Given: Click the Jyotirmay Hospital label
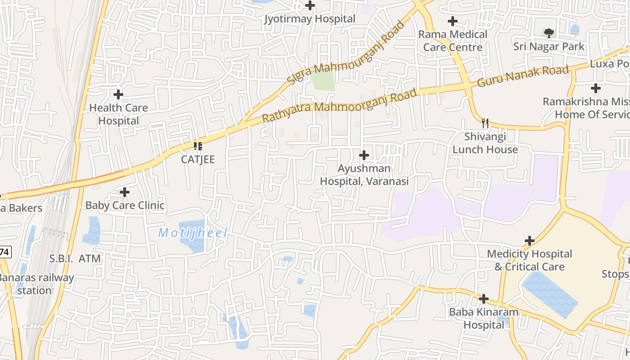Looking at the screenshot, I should click(x=310, y=19).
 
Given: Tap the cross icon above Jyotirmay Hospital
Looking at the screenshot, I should click(x=310, y=6).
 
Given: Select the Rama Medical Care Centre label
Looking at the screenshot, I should click(x=453, y=40).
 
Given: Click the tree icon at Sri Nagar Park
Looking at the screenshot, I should click(x=549, y=33).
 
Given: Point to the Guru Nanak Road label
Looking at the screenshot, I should click(x=523, y=76).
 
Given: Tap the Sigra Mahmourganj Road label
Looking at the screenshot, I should click(x=346, y=53).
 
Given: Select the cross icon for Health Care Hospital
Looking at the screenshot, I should click(x=118, y=94).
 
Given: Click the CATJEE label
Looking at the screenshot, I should click(x=198, y=159).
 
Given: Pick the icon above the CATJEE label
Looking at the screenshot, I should click(x=198, y=146).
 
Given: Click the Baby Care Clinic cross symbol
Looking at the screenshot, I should click(x=125, y=192).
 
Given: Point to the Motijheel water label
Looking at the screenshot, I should click(x=193, y=233).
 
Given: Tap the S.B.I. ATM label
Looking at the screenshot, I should click(x=75, y=259).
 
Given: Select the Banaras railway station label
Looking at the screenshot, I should click(x=36, y=284).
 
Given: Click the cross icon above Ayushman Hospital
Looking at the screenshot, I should click(x=364, y=155).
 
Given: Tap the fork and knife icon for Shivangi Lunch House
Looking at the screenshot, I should click(x=485, y=123).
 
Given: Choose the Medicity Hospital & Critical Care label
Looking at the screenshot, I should click(x=529, y=260).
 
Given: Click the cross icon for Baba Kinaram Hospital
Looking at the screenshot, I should click(x=484, y=298).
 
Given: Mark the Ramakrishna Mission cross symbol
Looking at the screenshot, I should click(x=596, y=88).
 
